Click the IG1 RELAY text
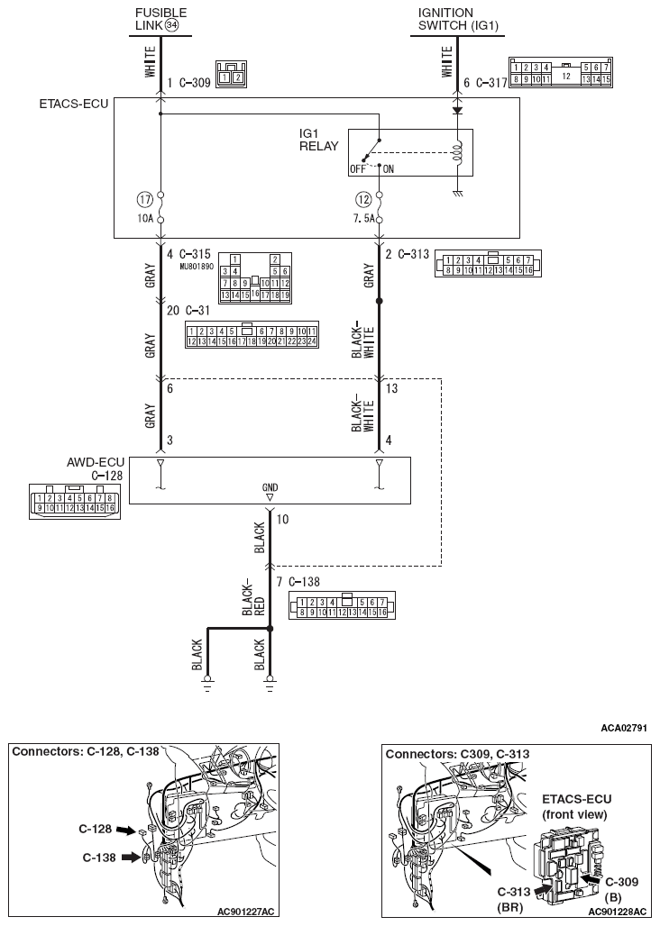click(316, 140)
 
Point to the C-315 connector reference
click(195, 254)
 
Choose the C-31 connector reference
click(198, 311)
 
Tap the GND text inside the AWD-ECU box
click(270, 487)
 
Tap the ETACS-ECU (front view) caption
click(574, 806)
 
